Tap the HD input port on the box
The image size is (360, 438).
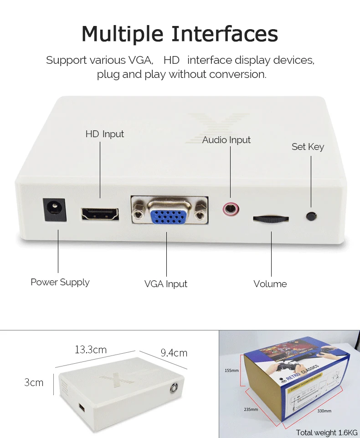(x=100, y=213)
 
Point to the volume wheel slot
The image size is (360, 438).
(x=271, y=219)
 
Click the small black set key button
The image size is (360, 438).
(x=311, y=216)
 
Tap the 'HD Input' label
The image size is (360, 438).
(x=104, y=134)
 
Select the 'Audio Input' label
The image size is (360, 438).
(x=226, y=140)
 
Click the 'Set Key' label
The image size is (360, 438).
(x=308, y=147)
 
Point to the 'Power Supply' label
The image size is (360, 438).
(x=60, y=282)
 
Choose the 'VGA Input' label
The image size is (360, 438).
(x=166, y=284)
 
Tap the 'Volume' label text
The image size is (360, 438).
(x=270, y=284)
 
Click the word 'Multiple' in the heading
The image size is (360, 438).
(x=123, y=34)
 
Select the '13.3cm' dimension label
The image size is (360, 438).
(x=91, y=350)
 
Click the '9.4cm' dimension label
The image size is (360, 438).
(x=174, y=353)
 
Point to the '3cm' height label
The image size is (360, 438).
(x=34, y=382)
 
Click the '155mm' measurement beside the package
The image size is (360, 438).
(x=231, y=370)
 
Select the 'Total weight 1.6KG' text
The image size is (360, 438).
(x=327, y=433)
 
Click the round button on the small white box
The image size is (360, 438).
(x=174, y=388)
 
